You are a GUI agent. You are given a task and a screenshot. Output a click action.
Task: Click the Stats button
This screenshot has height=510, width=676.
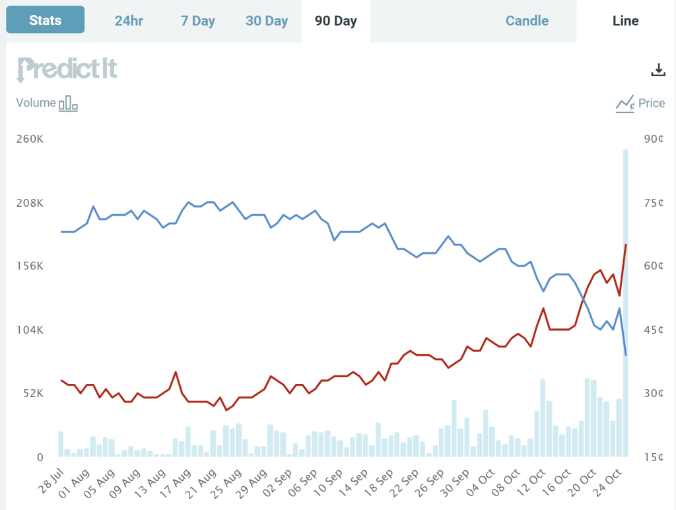45,20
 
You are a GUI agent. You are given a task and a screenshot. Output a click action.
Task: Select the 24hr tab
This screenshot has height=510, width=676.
129,20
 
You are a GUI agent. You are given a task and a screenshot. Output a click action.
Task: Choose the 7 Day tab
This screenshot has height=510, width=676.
198,20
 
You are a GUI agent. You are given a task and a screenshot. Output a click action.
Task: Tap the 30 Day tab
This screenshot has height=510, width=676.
267,20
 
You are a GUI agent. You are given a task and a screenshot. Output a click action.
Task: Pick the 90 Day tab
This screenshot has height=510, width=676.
336,20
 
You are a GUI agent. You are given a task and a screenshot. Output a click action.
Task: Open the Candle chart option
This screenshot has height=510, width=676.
527,20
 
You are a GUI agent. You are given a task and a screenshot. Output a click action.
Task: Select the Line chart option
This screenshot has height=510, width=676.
625,20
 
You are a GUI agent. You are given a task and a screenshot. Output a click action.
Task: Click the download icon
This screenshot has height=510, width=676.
658,70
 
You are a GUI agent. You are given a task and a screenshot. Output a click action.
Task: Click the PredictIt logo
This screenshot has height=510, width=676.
67,69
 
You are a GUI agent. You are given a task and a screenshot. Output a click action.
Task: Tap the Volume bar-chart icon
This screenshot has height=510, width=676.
68,104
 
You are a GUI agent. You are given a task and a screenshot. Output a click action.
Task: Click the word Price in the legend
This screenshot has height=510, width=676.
652,103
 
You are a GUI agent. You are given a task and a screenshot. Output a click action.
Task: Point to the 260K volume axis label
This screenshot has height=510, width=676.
30,139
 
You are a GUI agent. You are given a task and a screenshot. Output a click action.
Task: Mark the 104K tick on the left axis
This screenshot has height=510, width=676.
30,330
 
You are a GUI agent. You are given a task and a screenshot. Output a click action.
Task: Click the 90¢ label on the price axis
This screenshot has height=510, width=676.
652,139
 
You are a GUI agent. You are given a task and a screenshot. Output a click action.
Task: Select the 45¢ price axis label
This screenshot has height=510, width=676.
652,330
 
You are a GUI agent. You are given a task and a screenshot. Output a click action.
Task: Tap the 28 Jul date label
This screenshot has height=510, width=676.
50,482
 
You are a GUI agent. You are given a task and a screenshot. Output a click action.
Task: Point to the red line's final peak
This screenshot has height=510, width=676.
625,244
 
